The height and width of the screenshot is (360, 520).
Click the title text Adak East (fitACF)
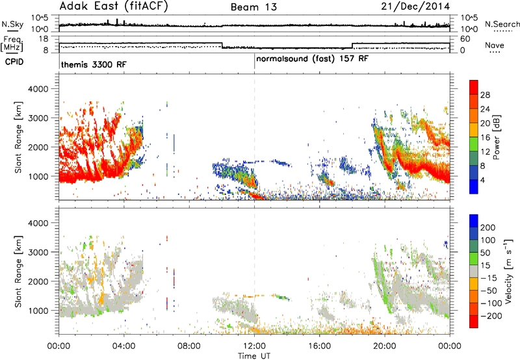pyautogui.click(x=113, y=6)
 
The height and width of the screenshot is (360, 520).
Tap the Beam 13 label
pyautogui.click(x=253, y=7)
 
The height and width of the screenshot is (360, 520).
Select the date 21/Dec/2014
pyautogui.click(x=415, y=6)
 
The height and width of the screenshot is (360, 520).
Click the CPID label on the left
pyautogui.click(x=14, y=62)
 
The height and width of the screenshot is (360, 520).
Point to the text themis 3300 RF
pyautogui.click(x=94, y=64)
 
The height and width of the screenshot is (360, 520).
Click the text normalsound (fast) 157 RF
pyautogui.click(x=312, y=59)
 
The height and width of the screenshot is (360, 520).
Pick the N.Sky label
pyautogui.click(x=12, y=24)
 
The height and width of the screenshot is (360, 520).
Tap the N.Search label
pyautogui.click(x=502, y=24)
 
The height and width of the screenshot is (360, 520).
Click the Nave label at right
pyautogui.click(x=495, y=45)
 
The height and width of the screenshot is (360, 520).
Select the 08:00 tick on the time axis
pyautogui.click(x=189, y=346)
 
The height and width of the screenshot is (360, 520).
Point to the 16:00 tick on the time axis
pyautogui.click(x=319, y=346)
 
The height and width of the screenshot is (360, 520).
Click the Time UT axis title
pyautogui.click(x=254, y=356)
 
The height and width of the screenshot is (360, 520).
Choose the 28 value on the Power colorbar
pyautogui.click(x=485, y=95)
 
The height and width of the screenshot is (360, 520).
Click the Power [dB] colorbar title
pyautogui.click(x=497, y=137)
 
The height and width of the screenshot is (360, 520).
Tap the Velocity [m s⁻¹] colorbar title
pyautogui.click(x=508, y=271)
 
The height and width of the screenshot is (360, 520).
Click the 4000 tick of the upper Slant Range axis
pyautogui.click(x=38, y=89)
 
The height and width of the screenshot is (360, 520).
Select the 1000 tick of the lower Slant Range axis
pyautogui.click(x=38, y=311)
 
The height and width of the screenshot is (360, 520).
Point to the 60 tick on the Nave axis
pyautogui.click(x=465, y=39)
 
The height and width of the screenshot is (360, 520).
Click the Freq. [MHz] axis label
pyautogui.click(x=12, y=44)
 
